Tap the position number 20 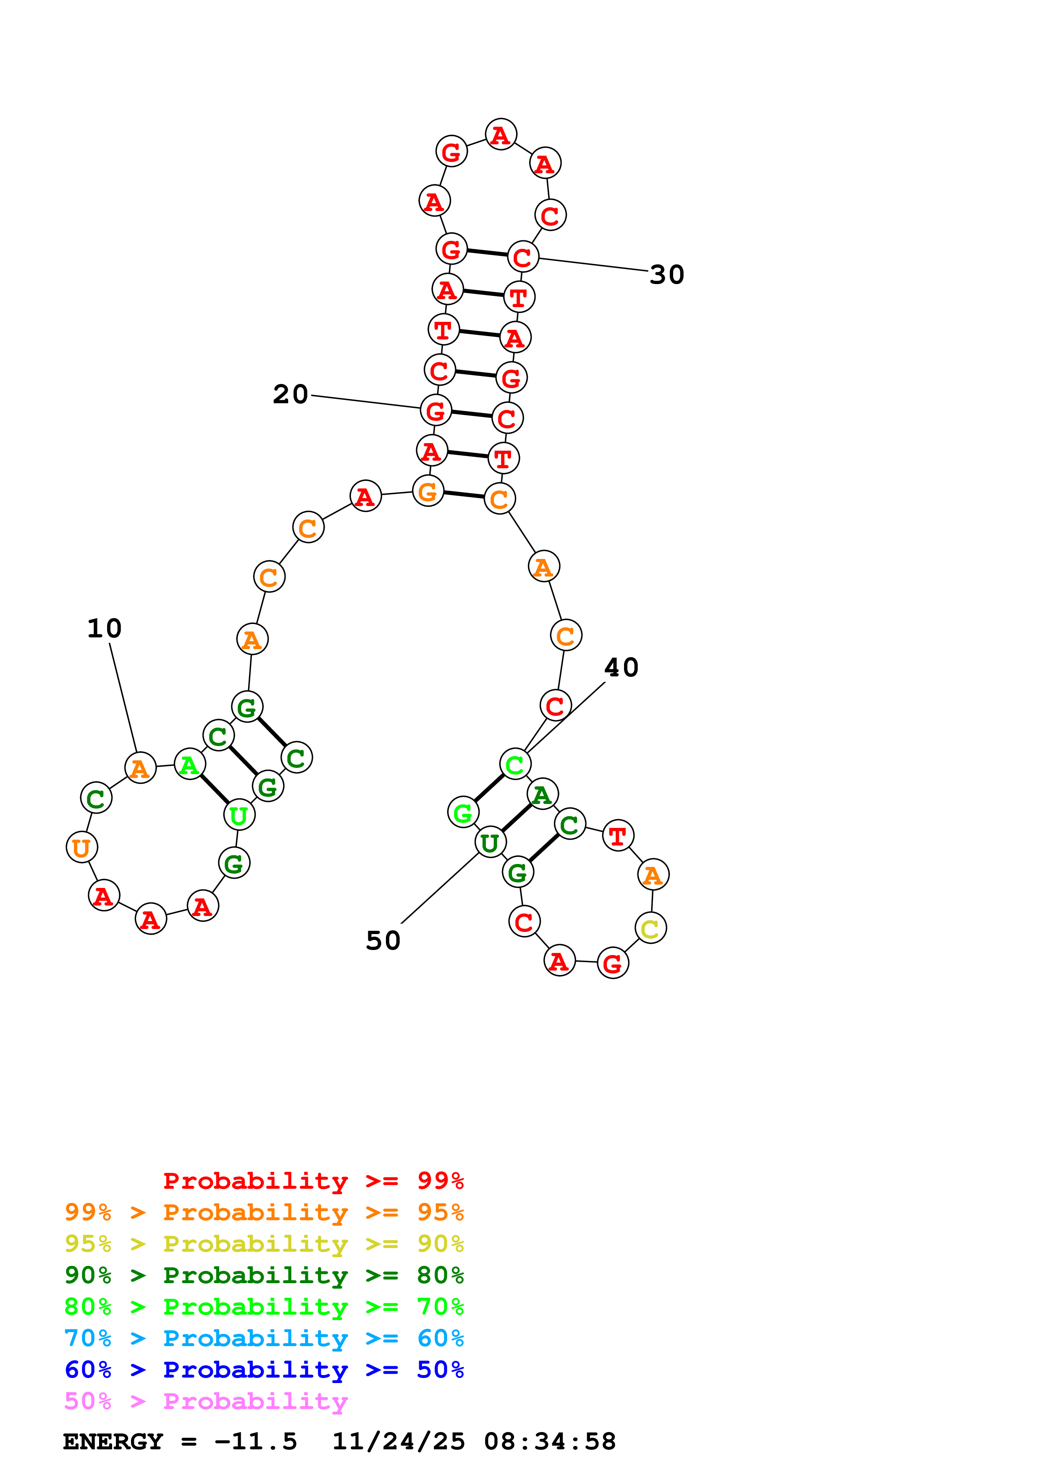pyautogui.click(x=291, y=394)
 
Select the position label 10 pyautogui.click(x=105, y=628)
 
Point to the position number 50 pyautogui.click(x=383, y=940)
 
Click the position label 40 pyautogui.click(x=621, y=668)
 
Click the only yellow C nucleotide pyautogui.click(x=650, y=928)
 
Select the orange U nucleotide pyautogui.click(x=81, y=848)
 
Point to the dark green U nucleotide pyautogui.click(x=490, y=843)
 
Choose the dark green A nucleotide pyautogui.click(x=543, y=795)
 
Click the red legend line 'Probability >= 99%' pyautogui.click(x=313, y=1180)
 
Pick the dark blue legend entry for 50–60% pyautogui.click(x=264, y=1370)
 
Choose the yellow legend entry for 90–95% pyautogui.click(x=264, y=1244)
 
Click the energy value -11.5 pyautogui.click(x=255, y=1441)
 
